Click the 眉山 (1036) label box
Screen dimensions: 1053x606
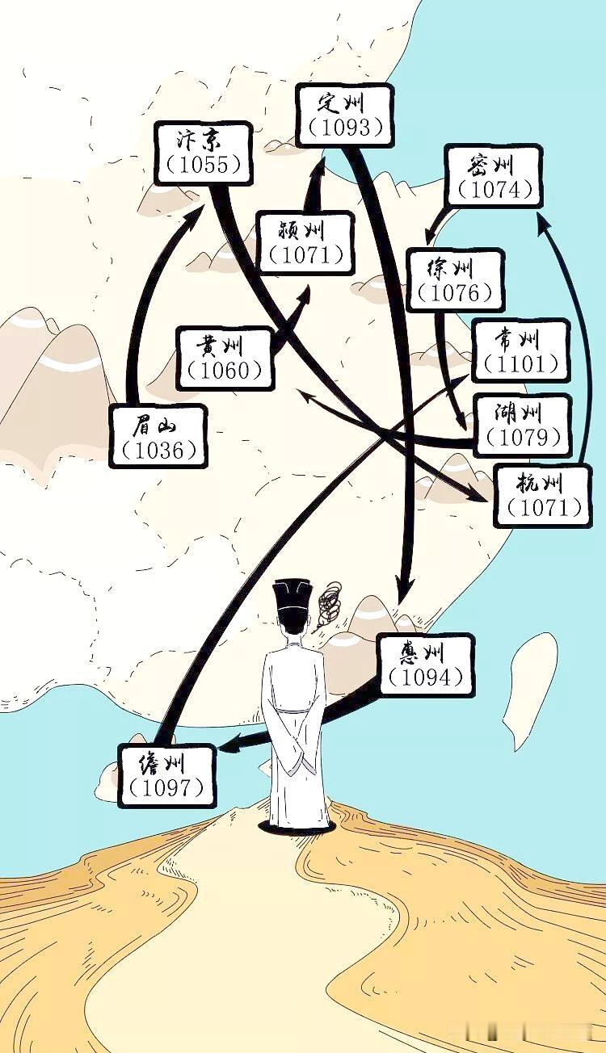click(158, 436)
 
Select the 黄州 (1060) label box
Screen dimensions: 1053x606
click(225, 358)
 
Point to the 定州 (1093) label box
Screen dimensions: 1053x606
click(344, 115)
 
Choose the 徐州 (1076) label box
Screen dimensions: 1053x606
click(455, 280)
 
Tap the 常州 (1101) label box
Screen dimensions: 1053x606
click(520, 350)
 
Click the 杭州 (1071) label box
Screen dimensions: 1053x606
click(541, 495)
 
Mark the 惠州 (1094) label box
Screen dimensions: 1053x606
click(425, 665)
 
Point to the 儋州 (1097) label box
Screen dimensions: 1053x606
click(167, 775)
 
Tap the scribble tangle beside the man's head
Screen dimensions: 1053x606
click(330, 606)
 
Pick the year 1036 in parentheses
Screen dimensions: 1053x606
click(159, 450)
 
